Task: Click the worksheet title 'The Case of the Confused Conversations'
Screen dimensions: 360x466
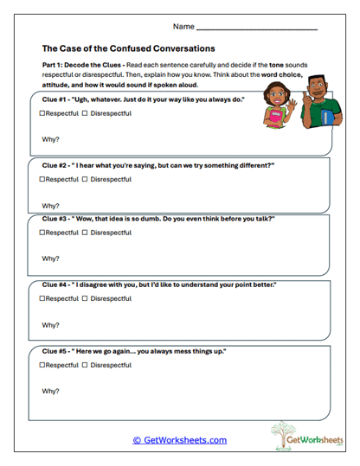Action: (x=129, y=48)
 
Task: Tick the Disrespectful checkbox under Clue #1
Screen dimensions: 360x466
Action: (x=85, y=114)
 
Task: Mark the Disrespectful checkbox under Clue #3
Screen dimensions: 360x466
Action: (x=85, y=233)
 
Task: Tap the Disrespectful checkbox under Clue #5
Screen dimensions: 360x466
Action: (x=85, y=364)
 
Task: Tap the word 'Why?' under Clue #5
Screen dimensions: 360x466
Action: (x=50, y=392)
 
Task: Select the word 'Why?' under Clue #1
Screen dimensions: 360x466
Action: (x=50, y=140)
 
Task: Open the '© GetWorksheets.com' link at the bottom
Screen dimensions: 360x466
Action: (x=179, y=440)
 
